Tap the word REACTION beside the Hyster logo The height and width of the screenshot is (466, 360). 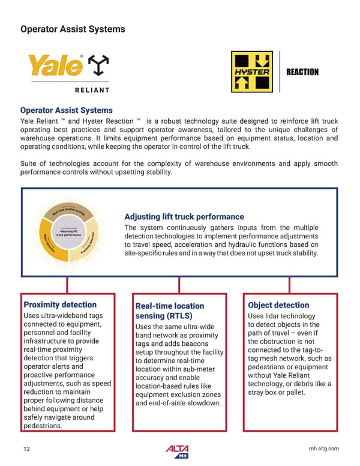[302, 72]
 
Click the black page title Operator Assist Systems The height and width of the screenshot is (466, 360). [73, 29]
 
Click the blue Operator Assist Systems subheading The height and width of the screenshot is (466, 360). [66, 110]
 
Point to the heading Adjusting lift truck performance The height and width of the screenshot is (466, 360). [184, 216]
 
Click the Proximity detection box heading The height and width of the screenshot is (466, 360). [59, 305]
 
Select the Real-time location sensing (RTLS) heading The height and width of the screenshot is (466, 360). [170, 310]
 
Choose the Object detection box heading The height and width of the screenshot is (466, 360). [278, 305]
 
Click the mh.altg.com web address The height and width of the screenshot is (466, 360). [322, 449]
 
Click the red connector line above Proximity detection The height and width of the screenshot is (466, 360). [67, 285]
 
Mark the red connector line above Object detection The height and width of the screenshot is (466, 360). [292, 285]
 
